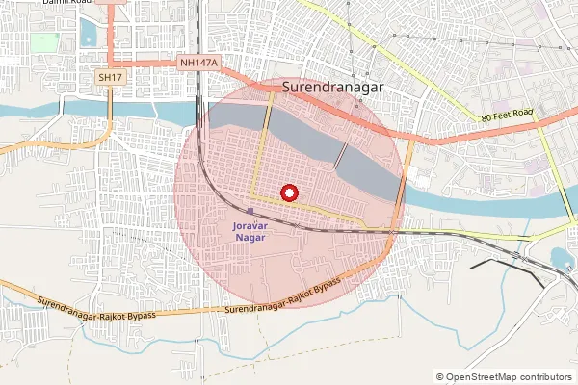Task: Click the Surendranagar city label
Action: pyautogui.click(x=333, y=86)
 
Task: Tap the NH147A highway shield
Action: pyautogui.click(x=199, y=63)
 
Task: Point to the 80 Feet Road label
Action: pyautogui.click(x=508, y=115)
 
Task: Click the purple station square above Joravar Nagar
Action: pyautogui.click(x=250, y=212)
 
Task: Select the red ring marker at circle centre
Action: pyautogui.click(x=286, y=192)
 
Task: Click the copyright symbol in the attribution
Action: pyautogui.click(x=440, y=377)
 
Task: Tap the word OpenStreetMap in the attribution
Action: pyautogui.click(x=481, y=377)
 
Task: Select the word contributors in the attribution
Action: pyautogui.click(x=545, y=377)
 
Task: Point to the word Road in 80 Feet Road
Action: pyautogui.click(x=521, y=113)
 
